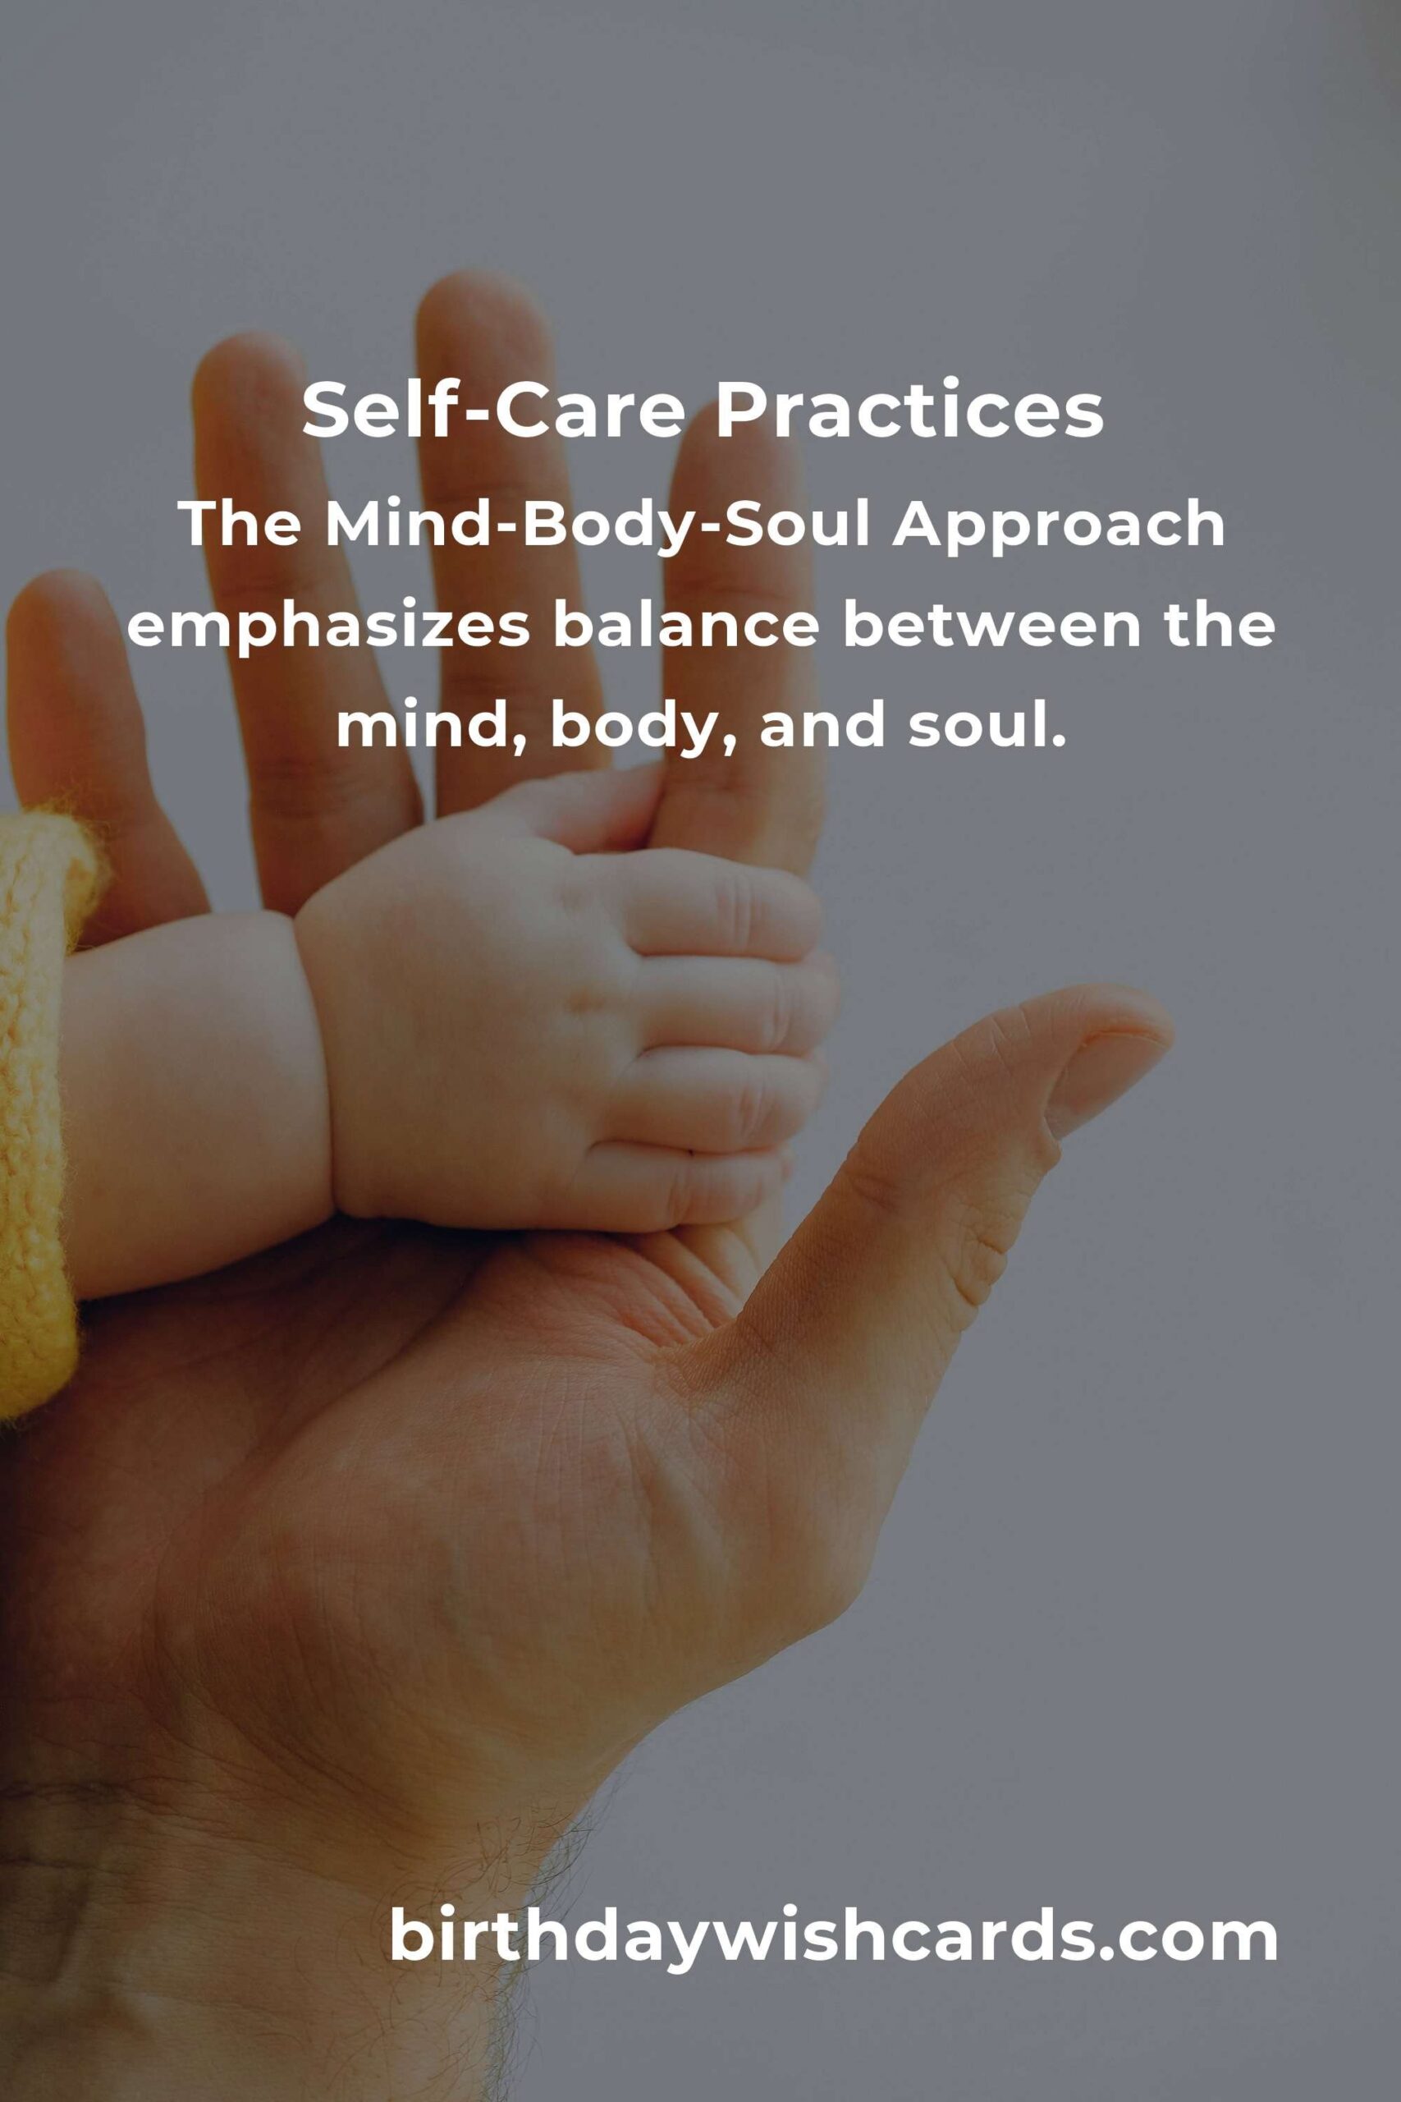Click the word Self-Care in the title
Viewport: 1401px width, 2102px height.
click(x=494, y=411)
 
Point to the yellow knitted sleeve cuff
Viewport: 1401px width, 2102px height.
click(x=40, y=1108)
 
